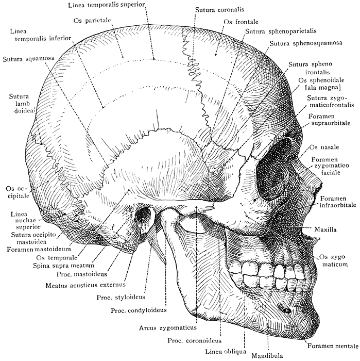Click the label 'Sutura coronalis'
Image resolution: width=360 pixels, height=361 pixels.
click(x=218, y=9)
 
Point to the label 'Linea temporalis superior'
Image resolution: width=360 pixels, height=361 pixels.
click(x=106, y=5)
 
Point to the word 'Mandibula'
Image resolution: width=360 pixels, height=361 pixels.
click(x=268, y=355)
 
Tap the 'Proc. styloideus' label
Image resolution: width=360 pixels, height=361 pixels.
click(x=121, y=298)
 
